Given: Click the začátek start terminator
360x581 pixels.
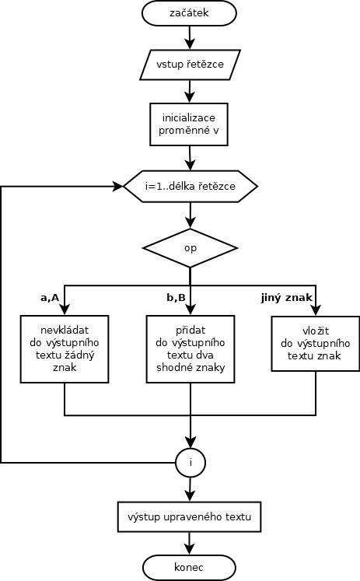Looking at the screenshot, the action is click(x=189, y=13).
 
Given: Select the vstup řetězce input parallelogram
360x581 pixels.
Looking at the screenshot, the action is click(x=190, y=65).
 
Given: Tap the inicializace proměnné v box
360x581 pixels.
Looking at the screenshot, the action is click(x=189, y=124).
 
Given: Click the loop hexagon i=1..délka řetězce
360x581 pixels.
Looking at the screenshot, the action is click(x=190, y=186).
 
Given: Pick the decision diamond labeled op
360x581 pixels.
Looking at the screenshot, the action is click(x=190, y=248).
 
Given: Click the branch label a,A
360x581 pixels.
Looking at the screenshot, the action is click(x=50, y=298).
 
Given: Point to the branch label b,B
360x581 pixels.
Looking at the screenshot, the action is click(x=176, y=298).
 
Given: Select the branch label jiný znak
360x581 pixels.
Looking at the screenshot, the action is click(x=287, y=298).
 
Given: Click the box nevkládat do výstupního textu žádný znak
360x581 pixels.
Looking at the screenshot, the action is click(x=65, y=349).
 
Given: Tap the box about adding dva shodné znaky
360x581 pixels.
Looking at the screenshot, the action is click(x=190, y=349).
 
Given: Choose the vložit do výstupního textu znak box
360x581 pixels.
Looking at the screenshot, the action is click(x=316, y=344).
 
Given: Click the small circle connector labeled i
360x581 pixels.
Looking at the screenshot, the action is click(x=190, y=463).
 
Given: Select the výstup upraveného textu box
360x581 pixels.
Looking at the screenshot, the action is click(x=189, y=517).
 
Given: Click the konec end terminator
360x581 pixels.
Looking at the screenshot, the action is click(x=189, y=567).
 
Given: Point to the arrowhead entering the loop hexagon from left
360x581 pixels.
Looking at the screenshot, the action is click(x=118, y=186).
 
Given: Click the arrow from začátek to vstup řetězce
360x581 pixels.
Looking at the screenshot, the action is click(x=190, y=37).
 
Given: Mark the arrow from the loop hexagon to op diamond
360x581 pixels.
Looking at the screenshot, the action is click(x=190, y=215).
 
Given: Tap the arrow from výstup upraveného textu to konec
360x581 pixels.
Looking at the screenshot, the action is click(x=189, y=544).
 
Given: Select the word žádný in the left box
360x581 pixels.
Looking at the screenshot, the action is click(x=79, y=355).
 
